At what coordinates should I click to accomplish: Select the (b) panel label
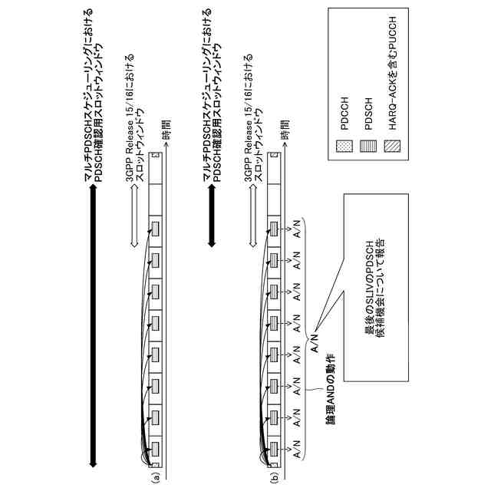[275, 476]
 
